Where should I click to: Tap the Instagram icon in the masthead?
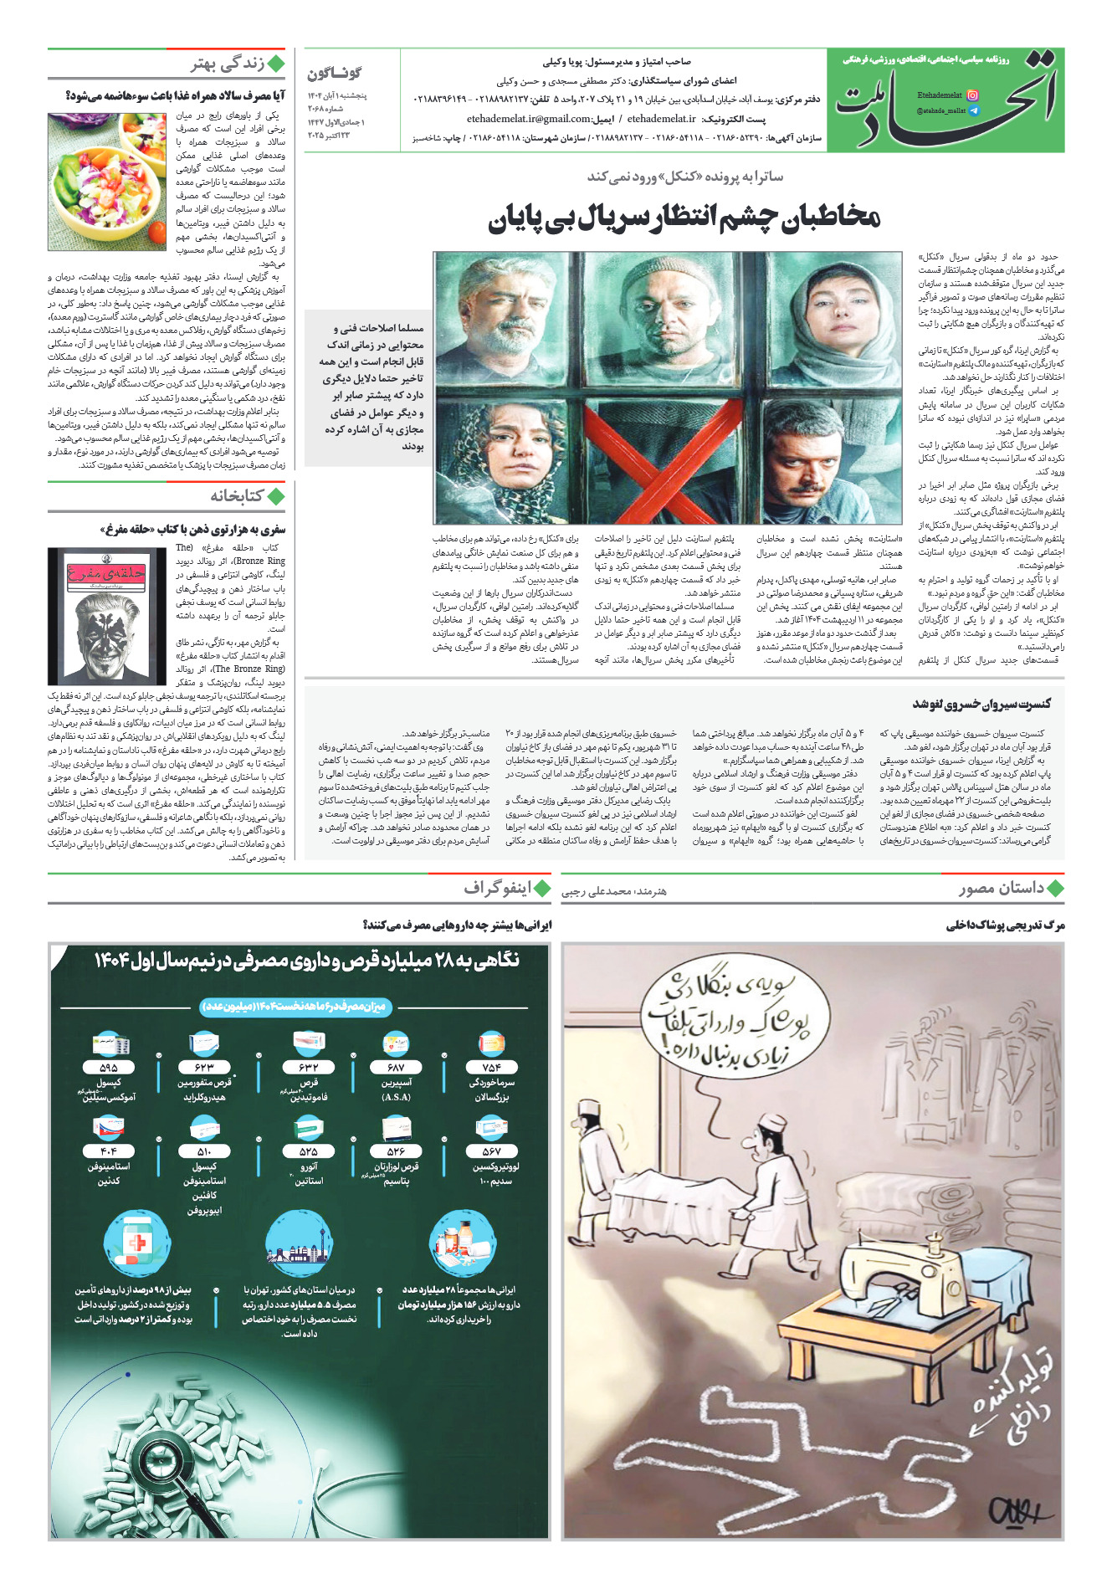point(972,95)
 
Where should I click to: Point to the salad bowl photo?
point(107,183)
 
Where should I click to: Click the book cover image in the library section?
point(107,617)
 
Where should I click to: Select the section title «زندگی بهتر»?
point(227,64)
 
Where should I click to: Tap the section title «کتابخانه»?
point(236,496)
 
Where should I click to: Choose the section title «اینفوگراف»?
point(498,888)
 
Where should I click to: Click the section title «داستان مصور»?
point(1002,888)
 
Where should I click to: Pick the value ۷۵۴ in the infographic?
point(491,1067)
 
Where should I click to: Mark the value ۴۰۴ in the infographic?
point(109,1151)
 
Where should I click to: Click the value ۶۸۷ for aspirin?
point(396,1067)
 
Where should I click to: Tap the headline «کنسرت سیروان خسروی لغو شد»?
point(981,704)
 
